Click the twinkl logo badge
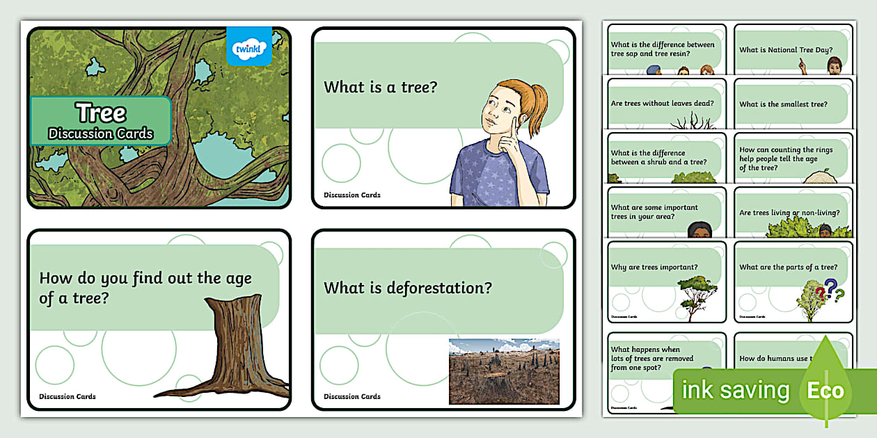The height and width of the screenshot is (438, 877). click(x=249, y=47)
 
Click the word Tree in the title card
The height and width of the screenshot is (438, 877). click(x=101, y=113)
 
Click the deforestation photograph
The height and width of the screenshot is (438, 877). click(x=504, y=371)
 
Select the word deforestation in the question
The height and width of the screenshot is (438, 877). click(x=439, y=287)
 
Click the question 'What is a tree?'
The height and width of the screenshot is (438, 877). click(x=380, y=87)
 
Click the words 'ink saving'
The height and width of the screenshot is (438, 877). click(x=736, y=390)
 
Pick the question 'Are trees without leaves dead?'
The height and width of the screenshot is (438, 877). click(x=662, y=104)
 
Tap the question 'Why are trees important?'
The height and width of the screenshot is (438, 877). click(x=654, y=267)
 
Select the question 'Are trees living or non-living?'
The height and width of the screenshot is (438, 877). click(x=789, y=213)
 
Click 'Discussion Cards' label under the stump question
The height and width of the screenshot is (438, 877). click(x=68, y=396)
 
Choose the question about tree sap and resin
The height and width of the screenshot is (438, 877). click(x=663, y=49)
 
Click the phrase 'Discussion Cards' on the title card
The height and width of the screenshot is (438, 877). click(x=101, y=134)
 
